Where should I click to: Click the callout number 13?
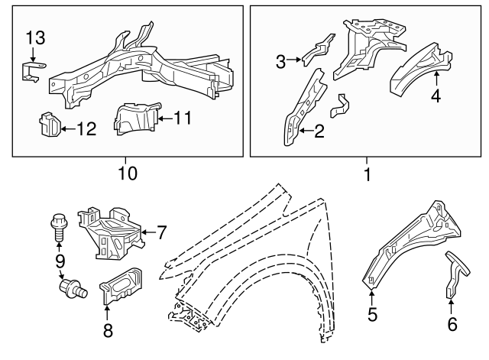pos(36,37)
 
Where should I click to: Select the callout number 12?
pos(86,129)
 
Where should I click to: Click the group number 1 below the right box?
pos(367,174)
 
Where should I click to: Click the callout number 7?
pos(161,232)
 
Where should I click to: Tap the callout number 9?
pos(58,261)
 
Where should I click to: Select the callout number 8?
pos(106,330)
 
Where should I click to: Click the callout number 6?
pos(452,324)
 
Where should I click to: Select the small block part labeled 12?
pos(48,124)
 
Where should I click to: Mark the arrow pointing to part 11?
pos(163,118)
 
